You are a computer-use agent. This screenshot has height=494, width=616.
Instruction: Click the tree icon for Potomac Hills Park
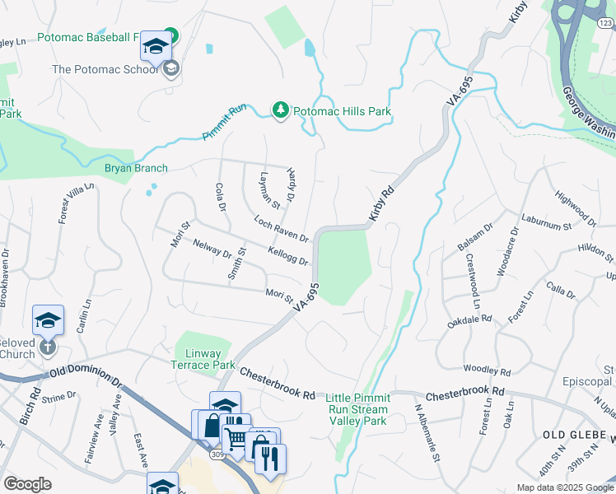281,110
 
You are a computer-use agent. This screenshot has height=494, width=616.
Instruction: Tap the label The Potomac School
104,69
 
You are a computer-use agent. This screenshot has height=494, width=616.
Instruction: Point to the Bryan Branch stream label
136,168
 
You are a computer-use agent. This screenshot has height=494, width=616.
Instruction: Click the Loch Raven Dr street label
281,229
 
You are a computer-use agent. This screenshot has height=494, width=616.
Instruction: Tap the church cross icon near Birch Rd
47,348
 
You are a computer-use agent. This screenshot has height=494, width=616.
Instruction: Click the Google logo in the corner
27,484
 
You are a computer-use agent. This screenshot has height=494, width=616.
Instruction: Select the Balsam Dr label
474,236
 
